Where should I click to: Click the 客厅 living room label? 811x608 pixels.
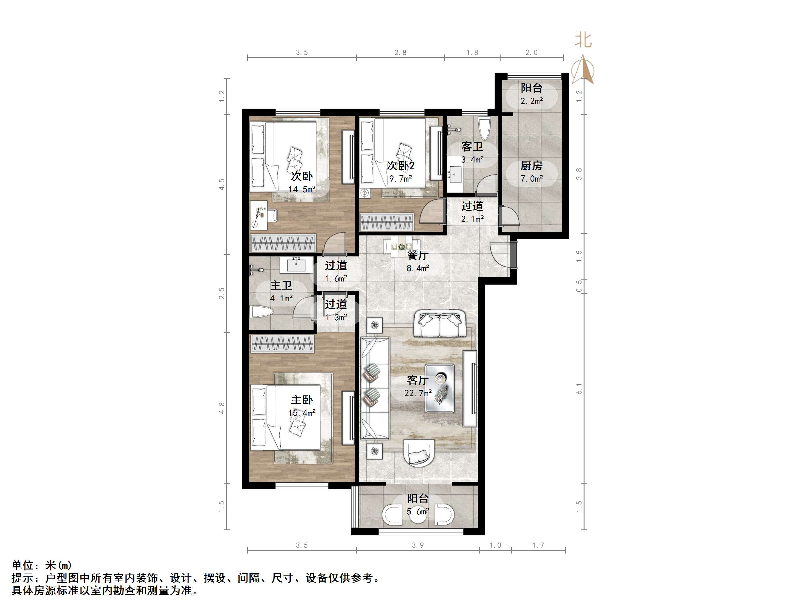pyautogui.click(x=418, y=380)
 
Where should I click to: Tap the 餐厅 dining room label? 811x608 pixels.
pyautogui.click(x=418, y=255)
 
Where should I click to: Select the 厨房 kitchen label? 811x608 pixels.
pyautogui.click(x=531, y=166)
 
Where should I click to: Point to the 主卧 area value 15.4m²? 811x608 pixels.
pyautogui.click(x=302, y=413)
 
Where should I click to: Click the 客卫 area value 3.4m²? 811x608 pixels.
pyautogui.click(x=472, y=159)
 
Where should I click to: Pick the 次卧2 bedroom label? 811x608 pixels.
pyautogui.click(x=400, y=166)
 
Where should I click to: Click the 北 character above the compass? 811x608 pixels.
pyautogui.click(x=583, y=39)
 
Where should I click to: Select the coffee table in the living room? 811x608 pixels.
pyautogui.click(x=439, y=389)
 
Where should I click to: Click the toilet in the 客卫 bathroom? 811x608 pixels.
pyautogui.click(x=484, y=128)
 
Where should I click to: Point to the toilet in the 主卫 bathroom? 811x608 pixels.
pyautogui.click(x=262, y=312)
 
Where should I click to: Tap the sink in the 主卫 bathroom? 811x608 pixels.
pyautogui.click(x=296, y=265)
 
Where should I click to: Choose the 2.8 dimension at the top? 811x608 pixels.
pyautogui.click(x=400, y=52)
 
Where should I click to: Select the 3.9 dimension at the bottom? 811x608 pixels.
pyautogui.click(x=418, y=545)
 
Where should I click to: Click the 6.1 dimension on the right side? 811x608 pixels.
pyautogui.click(x=579, y=389)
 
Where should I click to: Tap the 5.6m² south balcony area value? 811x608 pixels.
pyautogui.click(x=418, y=511)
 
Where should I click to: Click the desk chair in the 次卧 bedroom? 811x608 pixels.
pyautogui.click(x=272, y=215)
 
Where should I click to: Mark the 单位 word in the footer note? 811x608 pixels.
pyautogui.click(x=23, y=565)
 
